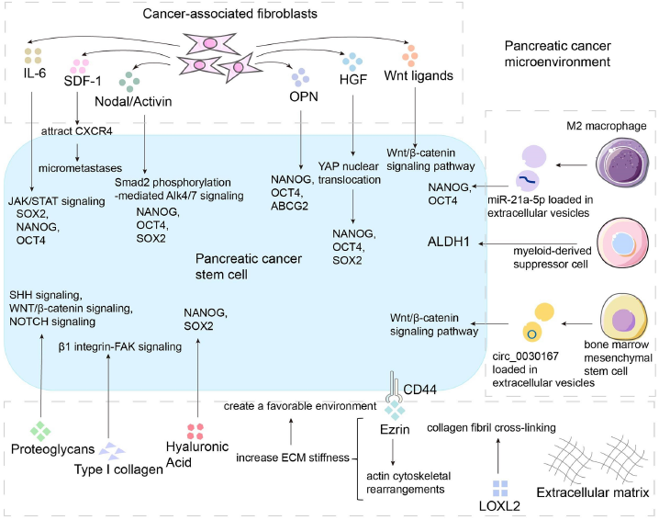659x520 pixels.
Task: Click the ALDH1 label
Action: [452, 242]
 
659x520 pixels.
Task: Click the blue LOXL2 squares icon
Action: [501, 487]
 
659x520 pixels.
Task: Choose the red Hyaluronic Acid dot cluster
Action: [195, 430]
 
